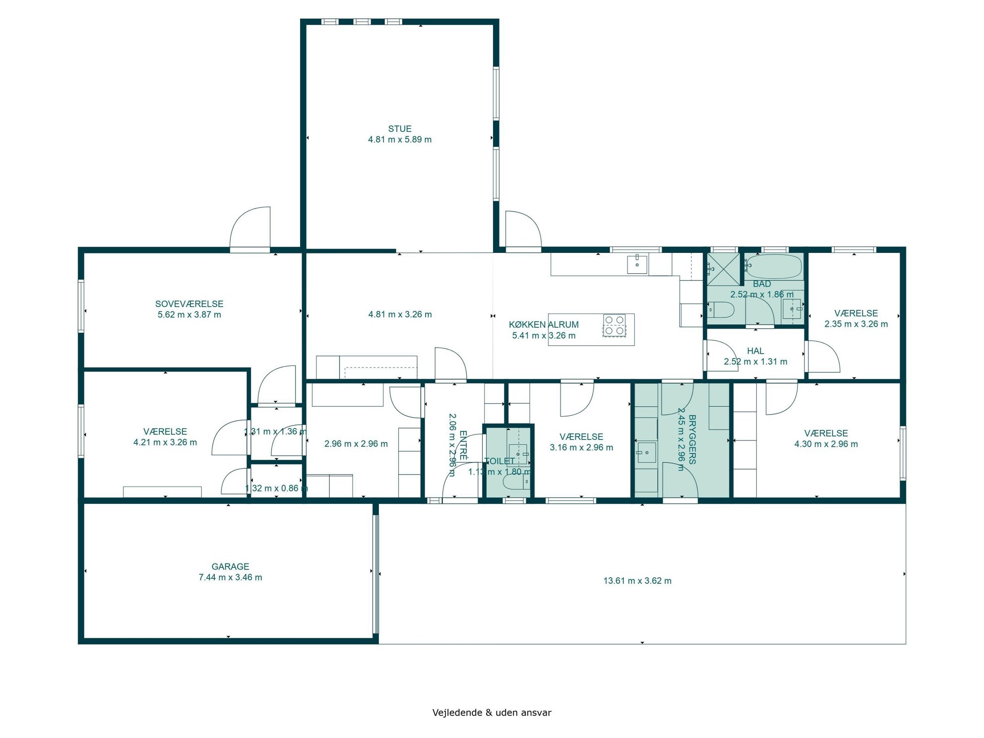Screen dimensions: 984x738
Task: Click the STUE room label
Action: point(400,128)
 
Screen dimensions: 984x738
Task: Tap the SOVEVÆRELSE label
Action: point(189,304)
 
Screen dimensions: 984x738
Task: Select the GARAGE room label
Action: point(230,566)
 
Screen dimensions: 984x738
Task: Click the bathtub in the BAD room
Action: point(774,266)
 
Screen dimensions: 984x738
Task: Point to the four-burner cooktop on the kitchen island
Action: point(614,325)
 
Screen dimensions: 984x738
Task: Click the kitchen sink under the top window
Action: point(637,264)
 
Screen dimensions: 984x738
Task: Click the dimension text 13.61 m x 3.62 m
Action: point(637,581)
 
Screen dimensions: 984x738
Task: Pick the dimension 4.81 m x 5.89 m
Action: point(400,140)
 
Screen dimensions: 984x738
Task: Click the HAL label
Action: point(755,351)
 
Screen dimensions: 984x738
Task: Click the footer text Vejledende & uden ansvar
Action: point(492,713)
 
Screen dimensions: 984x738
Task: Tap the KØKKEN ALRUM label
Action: point(544,325)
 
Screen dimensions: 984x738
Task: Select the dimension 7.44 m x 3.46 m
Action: point(230,577)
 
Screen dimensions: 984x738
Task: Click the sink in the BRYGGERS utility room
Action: point(646,452)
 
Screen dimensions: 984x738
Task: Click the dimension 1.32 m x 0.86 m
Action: point(276,489)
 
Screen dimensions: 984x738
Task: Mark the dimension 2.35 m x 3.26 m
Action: point(856,324)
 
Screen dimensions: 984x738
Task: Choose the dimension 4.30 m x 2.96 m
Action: point(826,444)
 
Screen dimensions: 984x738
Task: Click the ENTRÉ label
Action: point(463,445)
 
